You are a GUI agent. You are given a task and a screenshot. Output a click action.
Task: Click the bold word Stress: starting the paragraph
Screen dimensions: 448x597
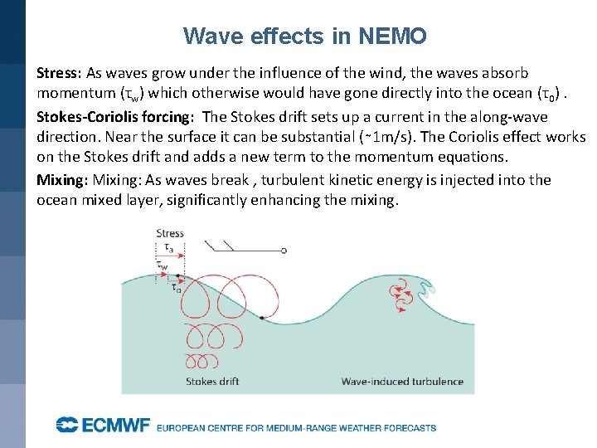(x=59, y=74)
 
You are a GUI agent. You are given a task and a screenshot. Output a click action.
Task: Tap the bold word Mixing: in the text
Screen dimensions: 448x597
(x=62, y=180)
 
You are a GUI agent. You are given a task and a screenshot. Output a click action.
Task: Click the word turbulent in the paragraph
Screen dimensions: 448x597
(x=306, y=180)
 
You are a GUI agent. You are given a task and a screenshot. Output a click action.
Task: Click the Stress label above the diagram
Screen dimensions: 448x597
(x=170, y=234)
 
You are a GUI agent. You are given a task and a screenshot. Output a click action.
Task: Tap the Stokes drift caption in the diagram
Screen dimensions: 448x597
(x=212, y=382)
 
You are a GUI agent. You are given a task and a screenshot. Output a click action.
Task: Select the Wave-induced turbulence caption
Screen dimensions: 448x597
(x=402, y=382)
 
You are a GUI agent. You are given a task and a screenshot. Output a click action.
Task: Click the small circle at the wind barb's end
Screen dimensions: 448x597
(x=284, y=250)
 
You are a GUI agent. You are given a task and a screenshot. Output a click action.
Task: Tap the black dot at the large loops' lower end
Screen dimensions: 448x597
(x=261, y=318)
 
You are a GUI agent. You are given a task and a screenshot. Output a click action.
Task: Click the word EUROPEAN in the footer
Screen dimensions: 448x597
(x=186, y=428)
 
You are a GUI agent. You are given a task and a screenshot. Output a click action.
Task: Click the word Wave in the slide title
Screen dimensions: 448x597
(x=206, y=36)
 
